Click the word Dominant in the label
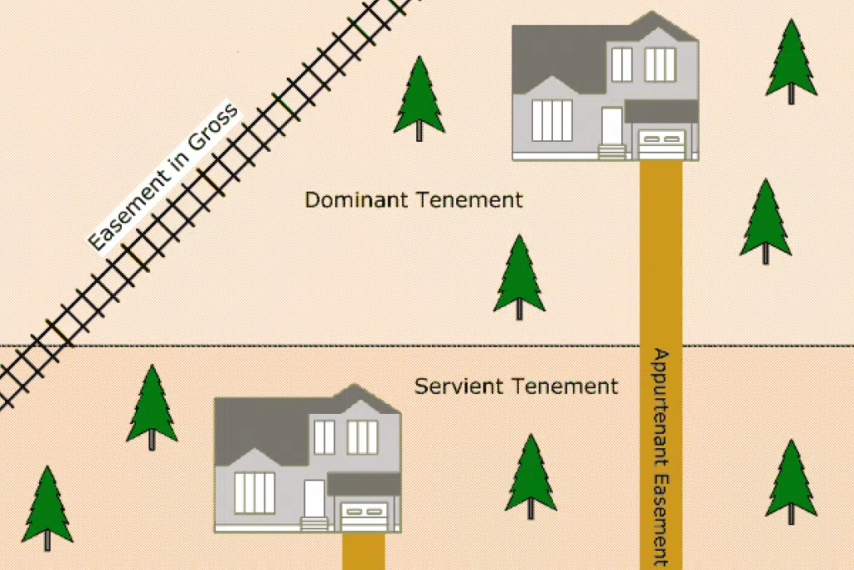point(355,200)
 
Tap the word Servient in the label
point(459,386)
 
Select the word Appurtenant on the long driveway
point(661,408)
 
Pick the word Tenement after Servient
point(565,386)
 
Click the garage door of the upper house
point(661,144)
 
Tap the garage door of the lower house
point(364,517)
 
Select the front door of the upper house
point(611,126)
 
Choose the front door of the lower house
point(314,498)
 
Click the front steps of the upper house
point(611,152)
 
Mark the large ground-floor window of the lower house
point(254,492)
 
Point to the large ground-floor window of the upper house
point(552,120)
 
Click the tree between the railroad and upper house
point(419,98)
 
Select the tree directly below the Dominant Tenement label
point(519,277)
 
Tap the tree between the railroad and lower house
point(152,407)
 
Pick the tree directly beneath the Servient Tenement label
point(531,477)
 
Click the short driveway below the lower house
point(364,551)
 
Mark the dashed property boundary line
point(427,346)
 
